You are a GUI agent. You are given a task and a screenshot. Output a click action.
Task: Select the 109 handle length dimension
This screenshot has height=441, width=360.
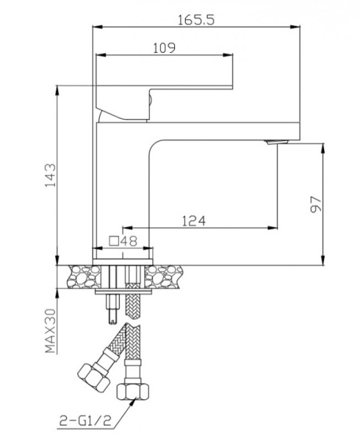(x=164, y=49)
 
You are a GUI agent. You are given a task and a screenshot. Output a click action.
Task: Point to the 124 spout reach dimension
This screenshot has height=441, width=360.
(x=192, y=220)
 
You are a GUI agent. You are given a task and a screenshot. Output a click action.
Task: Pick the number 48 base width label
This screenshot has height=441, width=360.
(x=129, y=240)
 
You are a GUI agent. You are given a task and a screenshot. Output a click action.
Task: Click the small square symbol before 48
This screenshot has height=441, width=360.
(x=115, y=240)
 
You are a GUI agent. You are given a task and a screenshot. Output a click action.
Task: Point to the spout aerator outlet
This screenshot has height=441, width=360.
(x=276, y=141)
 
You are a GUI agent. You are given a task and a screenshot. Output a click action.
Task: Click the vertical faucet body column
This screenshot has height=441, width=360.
(x=123, y=184)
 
